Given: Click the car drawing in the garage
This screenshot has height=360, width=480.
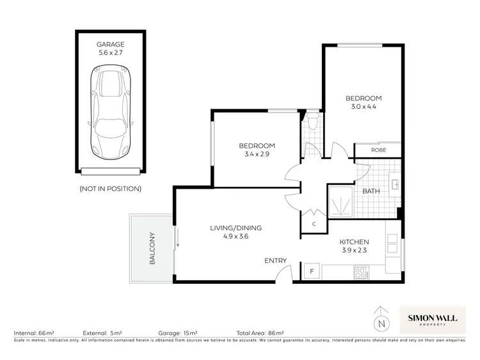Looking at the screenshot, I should (x=110, y=114).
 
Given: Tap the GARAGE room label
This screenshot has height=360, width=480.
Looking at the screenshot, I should (x=110, y=44).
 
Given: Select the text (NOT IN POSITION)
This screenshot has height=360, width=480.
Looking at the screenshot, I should (x=110, y=189).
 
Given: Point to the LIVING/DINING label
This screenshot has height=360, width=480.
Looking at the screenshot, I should (x=236, y=228).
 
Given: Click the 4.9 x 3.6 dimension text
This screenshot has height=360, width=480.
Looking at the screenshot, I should (x=236, y=237).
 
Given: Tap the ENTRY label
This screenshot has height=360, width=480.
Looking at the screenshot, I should (x=275, y=261).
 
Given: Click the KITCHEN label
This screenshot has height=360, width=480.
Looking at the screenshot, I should (x=354, y=242).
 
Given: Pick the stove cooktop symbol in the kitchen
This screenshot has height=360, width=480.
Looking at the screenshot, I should (x=361, y=272).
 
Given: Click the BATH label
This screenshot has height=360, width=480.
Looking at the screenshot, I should (x=371, y=191).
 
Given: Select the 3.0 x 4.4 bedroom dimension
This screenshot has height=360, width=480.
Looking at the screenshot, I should (x=363, y=107).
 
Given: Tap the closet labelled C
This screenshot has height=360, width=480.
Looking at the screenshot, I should (x=314, y=224).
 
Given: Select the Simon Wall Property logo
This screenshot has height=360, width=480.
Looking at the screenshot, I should (x=433, y=317).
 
